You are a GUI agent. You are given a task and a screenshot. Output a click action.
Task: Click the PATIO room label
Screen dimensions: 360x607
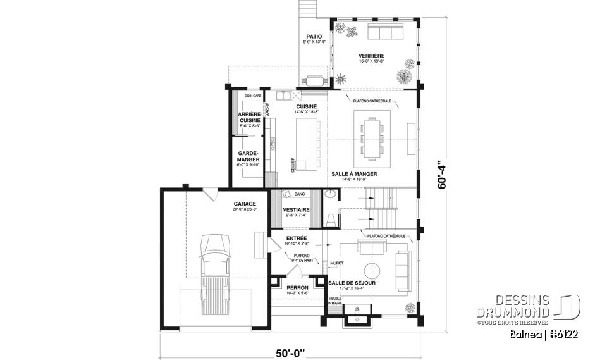coord(314,37)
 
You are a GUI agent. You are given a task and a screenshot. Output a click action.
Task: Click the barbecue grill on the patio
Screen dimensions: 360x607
coord(314,80)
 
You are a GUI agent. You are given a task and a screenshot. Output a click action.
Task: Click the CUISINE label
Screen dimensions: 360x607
coord(306,106)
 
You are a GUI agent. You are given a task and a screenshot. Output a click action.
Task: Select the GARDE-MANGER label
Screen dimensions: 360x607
coord(248,156)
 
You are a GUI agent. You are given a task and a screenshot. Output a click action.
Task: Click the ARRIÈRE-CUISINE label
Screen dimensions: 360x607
coord(249,118)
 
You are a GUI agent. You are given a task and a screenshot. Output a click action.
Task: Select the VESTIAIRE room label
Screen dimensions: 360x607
coord(296,210)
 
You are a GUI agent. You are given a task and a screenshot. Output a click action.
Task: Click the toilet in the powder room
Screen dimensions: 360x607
coord(331,219)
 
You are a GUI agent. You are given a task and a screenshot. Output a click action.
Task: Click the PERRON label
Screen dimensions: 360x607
coord(297,288)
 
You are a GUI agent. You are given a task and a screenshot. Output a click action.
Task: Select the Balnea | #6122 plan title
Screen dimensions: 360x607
coord(546,333)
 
